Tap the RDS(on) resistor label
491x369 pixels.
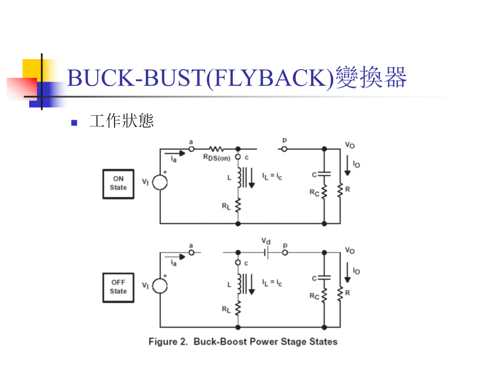pyautogui.click(x=217, y=158)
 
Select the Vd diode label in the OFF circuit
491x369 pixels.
pyautogui.click(x=266, y=241)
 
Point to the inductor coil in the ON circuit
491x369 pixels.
pyautogui.click(x=239, y=178)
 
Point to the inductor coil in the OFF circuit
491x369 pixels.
pyautogui.click(x=239, y=284)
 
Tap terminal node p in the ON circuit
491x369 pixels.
pyautogui.click(x=284, y=149)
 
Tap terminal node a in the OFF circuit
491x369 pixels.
pyautogui.click(x=191, y=252)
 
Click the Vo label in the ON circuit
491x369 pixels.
pyautogui.click(x=350, y=145)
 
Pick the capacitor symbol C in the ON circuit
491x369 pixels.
pyautogui.click(x=325, y=174)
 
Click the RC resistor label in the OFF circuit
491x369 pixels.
pyautogui.click(x=315, y=296)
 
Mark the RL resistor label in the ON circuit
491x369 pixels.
pyautogui.click(x=226, y=206)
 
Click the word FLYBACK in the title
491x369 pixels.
pyautogui.click(x=270, y=77)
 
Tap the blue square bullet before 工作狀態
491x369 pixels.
pyautogui.click(x=74, y=123)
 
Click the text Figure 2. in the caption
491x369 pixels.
pyautogui.click(x=168, y=342)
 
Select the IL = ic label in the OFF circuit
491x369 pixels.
pyautogui.click(x=272, y=283)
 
